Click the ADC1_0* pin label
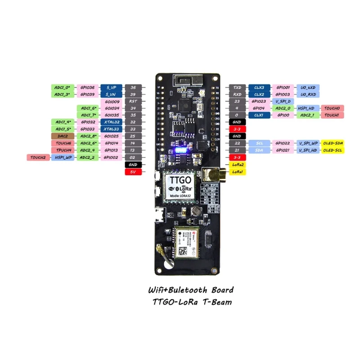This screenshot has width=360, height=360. pyautogui.click(x=61, y=87)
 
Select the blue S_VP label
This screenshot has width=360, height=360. pyautogui.click(x=111, y=87)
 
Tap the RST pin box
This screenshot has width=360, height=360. pyautogui.click(x=133, y=101)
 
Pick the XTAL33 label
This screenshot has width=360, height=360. pyautogui.click(x=111, y=129)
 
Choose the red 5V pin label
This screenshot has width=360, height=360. pyautogui.click(x=133, y=172)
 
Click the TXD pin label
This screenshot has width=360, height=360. pyautogui.click(x=237, y=87)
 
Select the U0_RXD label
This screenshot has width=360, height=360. pyautogui.click(x=309, y=94)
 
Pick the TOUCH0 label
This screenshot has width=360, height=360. pyautogui.click(x=333, y=108)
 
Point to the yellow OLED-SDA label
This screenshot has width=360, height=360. pyautogui.click(x=333, y=143)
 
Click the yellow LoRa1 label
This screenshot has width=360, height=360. pyautogui.click(x=237, y=172)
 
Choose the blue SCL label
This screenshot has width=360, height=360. pyautogui.click(x=259, y=143)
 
